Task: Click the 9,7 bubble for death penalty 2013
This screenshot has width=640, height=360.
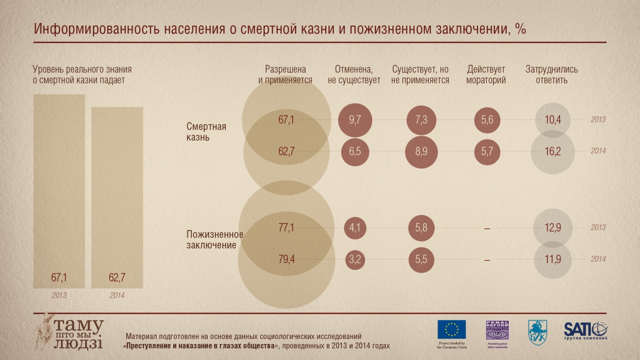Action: click(x=355, y=120)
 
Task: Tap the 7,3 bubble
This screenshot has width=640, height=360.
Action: click(x=421, y=120)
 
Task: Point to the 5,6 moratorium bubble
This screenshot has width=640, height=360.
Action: click(x=487, y=120)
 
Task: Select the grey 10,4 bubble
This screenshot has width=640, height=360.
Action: click(x=553, y=120)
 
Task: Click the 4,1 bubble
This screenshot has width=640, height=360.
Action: click(x=355, y=228)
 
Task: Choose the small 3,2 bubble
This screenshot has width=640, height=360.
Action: click(x=355, y=259)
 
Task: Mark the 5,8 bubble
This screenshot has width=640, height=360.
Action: click(x=421, y=228)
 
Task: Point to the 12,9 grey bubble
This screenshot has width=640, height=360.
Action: click(x=553, y=228)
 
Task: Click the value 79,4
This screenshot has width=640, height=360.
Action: click(x=286, y=259)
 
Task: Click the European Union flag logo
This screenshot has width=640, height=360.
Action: click(x=452, y=329)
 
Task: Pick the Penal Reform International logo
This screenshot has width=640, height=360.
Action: click(x=497, y=330)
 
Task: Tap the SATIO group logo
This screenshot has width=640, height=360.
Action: click(x=586, y=329)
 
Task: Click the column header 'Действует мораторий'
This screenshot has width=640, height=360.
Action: click(x=486, y=75)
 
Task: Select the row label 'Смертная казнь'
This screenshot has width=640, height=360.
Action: click(x=206, y=131)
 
